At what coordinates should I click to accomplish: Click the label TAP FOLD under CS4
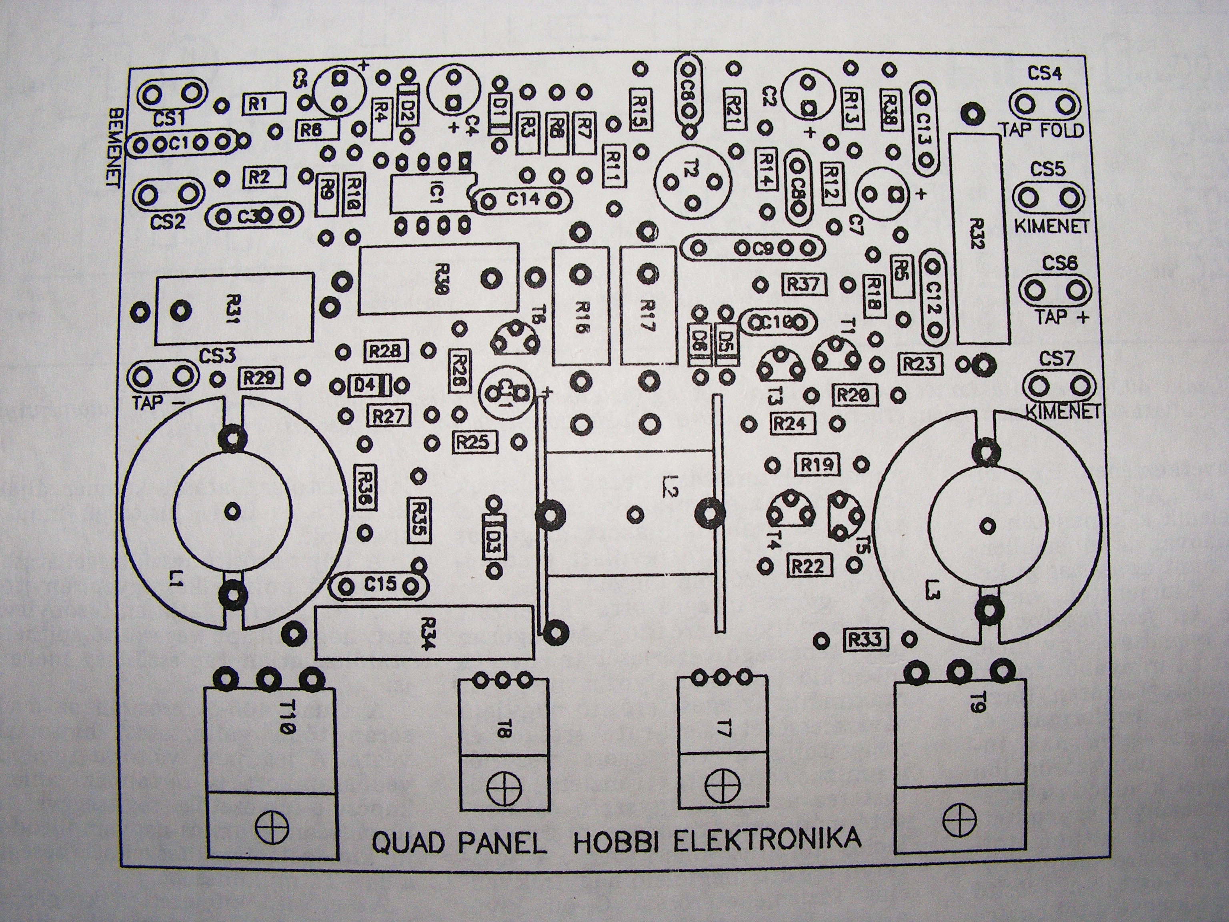point(1042,130)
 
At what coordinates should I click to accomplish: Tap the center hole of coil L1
point(233,510)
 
